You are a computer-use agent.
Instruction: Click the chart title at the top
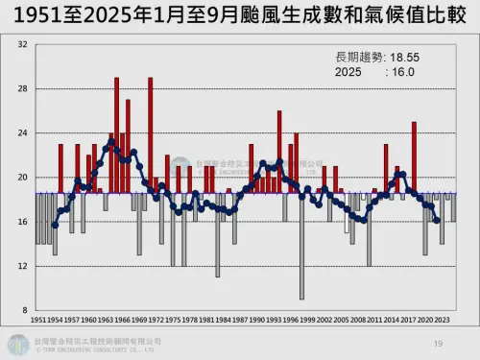pyautogui.click(x=240, y=16)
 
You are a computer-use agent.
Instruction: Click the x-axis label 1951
pyautogui.click(x=39, y=319)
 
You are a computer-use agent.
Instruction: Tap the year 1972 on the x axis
pyautogui.click(x=156, y=319)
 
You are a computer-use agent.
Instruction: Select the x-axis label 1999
pyautogui.click(x=306, y=319)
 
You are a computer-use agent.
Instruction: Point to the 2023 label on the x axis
pyautogui.click(x=441, y=319)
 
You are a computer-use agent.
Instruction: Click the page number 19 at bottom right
pyautogui.click(x=438, y=343)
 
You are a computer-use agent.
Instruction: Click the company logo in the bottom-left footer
pyautogui.click(x=19, y=344)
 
